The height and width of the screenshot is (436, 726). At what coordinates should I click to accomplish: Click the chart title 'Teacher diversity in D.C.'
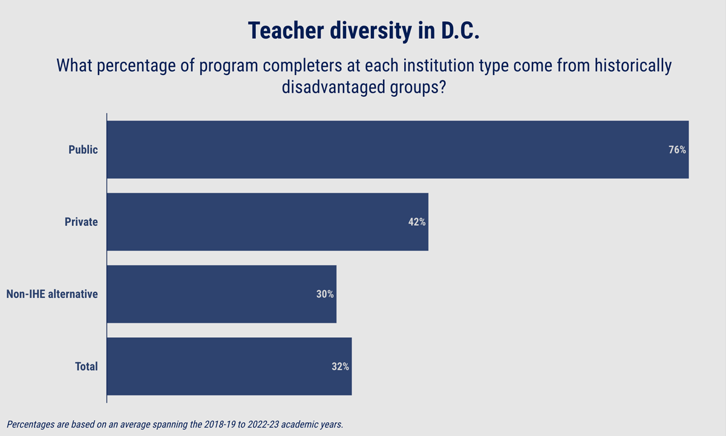click(x=363, y=31)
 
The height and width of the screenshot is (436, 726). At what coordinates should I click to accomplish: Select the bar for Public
click(x=397, y=150)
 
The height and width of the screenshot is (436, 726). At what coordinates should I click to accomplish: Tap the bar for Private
click(x=267, y=222)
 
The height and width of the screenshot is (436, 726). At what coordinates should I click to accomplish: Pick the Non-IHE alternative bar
click(x=221, y=294)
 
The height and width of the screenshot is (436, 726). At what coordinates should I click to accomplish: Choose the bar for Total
click(x=229, y=366)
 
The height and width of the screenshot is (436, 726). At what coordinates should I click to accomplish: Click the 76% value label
click(x=677, y=150)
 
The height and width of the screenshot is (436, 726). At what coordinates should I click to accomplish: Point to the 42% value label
click(x=417, y=222)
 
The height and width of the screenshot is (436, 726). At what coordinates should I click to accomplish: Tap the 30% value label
click(x=324, y=294)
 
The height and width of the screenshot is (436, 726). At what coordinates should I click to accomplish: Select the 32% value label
click(x=340, y=366)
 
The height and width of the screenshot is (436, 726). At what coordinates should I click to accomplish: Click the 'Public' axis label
click(x=83, y=150)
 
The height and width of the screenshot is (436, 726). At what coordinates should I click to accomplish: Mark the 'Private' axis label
click(x=81, y=222)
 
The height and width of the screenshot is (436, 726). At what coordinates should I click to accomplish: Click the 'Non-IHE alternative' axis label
click(x=52, y=294)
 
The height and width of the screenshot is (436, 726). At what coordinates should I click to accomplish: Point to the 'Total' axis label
click(x=86, y=366)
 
